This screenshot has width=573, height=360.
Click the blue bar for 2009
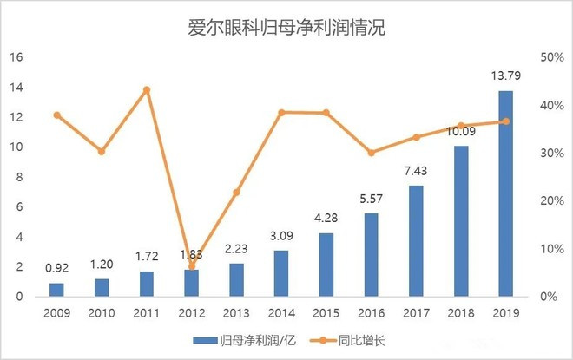click(x=56, y=290)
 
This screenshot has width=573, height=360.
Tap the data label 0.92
click(x=56, y=270)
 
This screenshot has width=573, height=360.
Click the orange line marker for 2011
click(x=146, y=89)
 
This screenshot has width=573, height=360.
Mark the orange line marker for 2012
click(x=191, y=266)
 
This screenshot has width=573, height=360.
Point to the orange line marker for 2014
click(x=281, y=112)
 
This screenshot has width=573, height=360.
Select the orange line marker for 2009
click(x=56, y=115)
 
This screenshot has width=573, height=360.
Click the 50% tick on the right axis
click(x=553, y=57)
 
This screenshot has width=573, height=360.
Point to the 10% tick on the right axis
click(x=553, y=249)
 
